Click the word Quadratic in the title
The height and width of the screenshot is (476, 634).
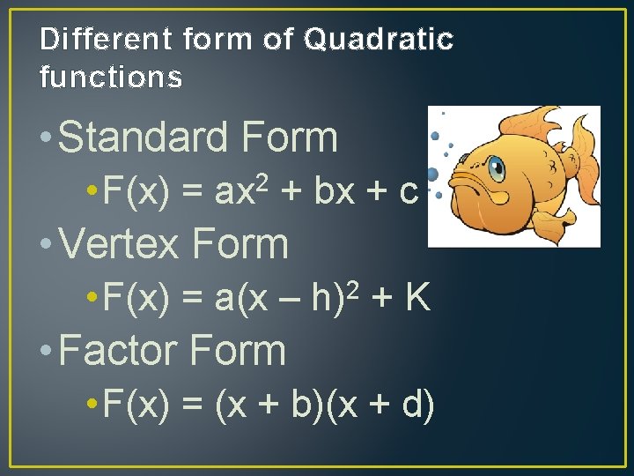(379, 40)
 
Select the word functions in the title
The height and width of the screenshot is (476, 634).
(111, 78)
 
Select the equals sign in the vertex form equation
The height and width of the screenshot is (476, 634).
(192, 300)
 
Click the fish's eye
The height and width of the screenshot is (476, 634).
(496, 167)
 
